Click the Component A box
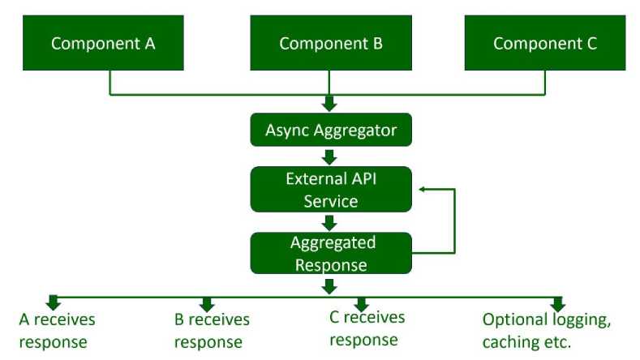pos(103,43)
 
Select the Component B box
pos(331,43)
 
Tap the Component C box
pos(545,43)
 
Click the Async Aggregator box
pos(331,130)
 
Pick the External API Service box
pos(331,190)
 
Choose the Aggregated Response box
pos(331,253)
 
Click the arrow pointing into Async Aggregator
pos(329,104)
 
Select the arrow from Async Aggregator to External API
pos(329,157)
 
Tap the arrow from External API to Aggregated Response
pos(329,223)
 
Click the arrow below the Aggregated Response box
pos(329,286)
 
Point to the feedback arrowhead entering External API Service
pos(423,190)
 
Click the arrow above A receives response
pos(53,302)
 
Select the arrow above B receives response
pos(207,305)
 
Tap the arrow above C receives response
pos(361,305)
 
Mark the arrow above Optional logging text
pos(557,305)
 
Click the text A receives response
pos(57,331)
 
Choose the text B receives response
pos(212,331)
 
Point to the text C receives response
pos(367,329)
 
